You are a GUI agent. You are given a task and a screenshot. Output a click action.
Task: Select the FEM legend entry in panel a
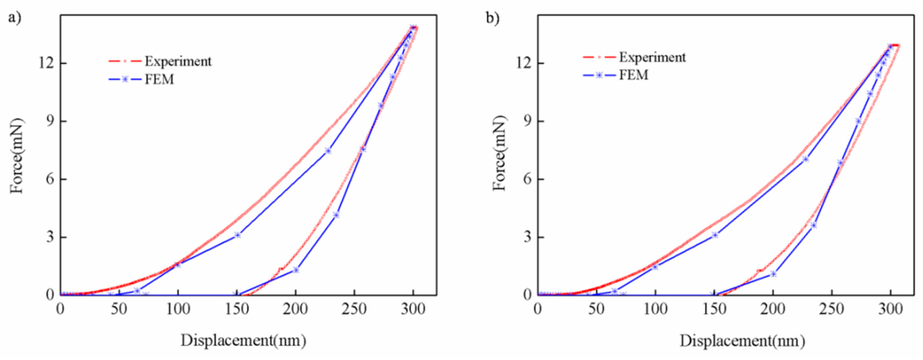(x=159, y=79)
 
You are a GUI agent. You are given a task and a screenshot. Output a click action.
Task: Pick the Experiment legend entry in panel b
(x=652, y=57)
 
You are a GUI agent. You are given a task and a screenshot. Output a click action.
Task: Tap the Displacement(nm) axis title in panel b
(x=742, y=340)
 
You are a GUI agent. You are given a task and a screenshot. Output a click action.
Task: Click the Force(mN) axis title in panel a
(x=17, y=156)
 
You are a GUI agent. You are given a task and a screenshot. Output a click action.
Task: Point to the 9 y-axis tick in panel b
(x=527, y=122)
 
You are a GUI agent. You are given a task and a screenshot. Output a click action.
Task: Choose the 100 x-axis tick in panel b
(x=655, y=309)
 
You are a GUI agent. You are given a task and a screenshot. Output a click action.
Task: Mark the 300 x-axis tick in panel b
(x=890, y=309)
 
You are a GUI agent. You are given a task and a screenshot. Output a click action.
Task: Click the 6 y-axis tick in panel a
(x=49, y=179)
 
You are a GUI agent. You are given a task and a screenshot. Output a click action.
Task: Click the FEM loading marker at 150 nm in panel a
(x=237, y=235)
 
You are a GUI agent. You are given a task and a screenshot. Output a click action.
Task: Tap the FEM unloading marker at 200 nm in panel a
(x=296, y=270)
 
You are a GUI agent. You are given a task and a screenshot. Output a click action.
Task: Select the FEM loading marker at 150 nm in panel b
(x=715, y=235)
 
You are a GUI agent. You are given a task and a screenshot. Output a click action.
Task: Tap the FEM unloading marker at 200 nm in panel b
(x=773, y=274)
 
